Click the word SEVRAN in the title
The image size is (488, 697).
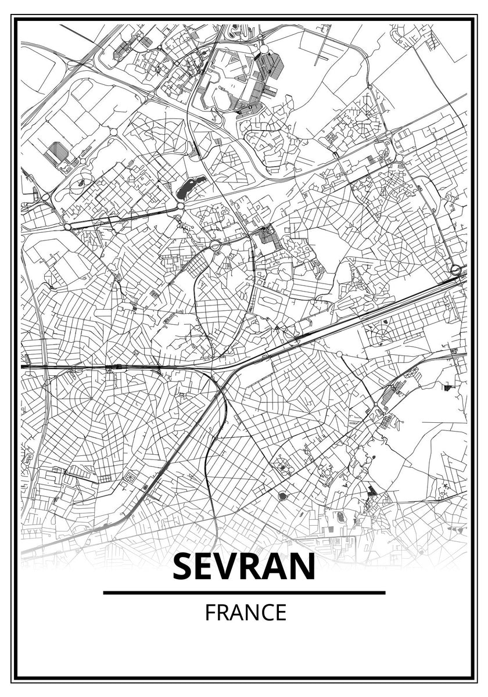[x=244, y=567]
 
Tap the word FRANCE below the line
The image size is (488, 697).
[x=245, y=613]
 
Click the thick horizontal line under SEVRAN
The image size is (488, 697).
[x=244, y=592]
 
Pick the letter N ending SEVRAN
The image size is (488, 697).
[x=302, y=567]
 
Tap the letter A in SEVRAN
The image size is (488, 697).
[x=280, y=567]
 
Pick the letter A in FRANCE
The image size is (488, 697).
[x=236, y=613]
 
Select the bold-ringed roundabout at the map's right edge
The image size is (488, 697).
[x=456, y=270]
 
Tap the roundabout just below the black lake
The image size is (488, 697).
[x=181, y=206]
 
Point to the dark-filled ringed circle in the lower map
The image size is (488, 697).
[x=283, y=495]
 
